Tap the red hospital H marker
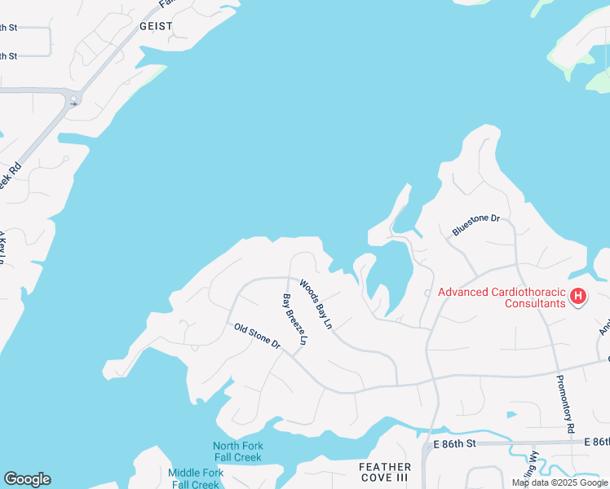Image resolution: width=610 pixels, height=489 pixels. coord(578,297)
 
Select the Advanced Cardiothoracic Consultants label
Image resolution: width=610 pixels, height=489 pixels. coord(502,297)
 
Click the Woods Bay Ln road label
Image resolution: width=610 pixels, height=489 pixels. coord(316,304)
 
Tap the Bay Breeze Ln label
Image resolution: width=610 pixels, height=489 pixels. coord(294,319)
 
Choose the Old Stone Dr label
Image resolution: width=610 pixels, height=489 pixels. coord(257,337)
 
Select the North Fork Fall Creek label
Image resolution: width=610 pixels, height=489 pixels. coord(237,452)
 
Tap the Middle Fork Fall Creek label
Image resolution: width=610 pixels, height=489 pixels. coord(196,478)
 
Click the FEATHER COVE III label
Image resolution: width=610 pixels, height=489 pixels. coord(385,472)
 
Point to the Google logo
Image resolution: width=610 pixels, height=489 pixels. coord(27,479)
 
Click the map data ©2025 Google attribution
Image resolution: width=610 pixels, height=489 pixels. coord(559,482)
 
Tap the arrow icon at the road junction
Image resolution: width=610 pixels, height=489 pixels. coord(74,101)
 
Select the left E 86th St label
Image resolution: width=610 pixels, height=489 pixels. coord(454,444)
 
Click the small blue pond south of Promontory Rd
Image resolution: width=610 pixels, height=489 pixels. coord(511,414)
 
